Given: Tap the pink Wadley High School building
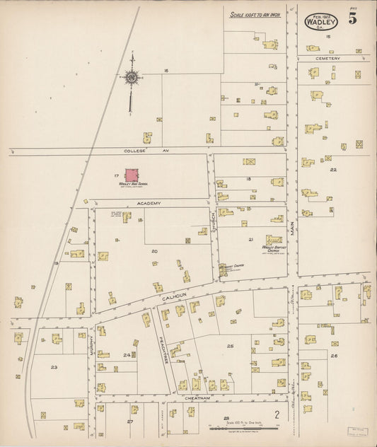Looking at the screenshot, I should coord(132,175).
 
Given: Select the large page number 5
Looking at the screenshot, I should coord(352,18).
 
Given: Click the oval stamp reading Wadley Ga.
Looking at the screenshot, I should coord(321,21).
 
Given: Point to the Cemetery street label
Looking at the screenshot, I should coord(328,58).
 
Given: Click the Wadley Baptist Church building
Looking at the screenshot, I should coord(273,240).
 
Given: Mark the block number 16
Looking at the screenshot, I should coord(166,71).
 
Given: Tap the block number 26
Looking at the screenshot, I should coord(333,355).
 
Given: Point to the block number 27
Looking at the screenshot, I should coord(130,422).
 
